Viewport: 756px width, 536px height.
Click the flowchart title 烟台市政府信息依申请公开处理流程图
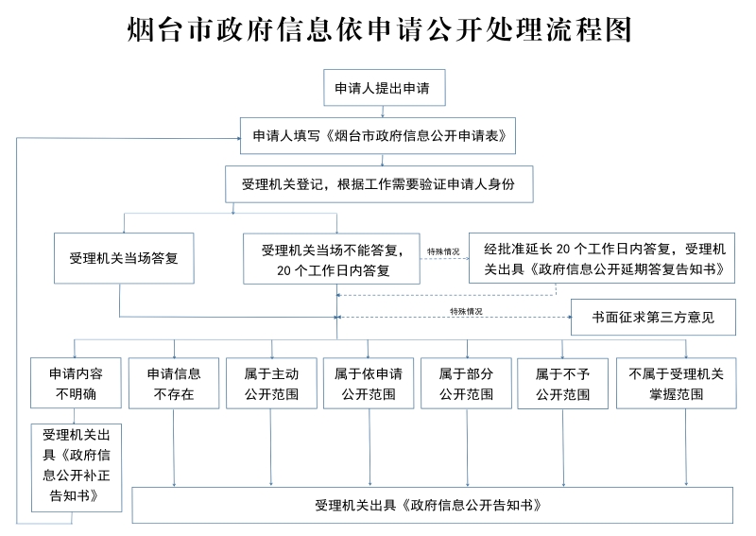[x=378, y=30]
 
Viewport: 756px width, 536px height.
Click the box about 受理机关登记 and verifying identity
[x=379, y=183]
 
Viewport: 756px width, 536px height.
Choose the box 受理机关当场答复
[x=123, y=257]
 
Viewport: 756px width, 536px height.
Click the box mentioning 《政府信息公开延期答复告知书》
[x=604, y=258]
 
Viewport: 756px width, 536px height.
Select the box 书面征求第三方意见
[x=651, y=318]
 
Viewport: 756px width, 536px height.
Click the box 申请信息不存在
[x=173, y=383]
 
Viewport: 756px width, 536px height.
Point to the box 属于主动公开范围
[x=271, y=383]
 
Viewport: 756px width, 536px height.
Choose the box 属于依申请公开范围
[x=369, y=383]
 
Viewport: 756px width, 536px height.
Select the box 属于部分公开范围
[x=466, y=383]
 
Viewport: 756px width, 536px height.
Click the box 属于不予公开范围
[x=563, y=383]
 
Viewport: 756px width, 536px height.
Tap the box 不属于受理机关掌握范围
[x=676, y=383]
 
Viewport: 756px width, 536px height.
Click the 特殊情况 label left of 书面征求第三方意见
[x=466, y=311]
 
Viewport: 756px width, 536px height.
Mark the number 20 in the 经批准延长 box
[x=563, y=250]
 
